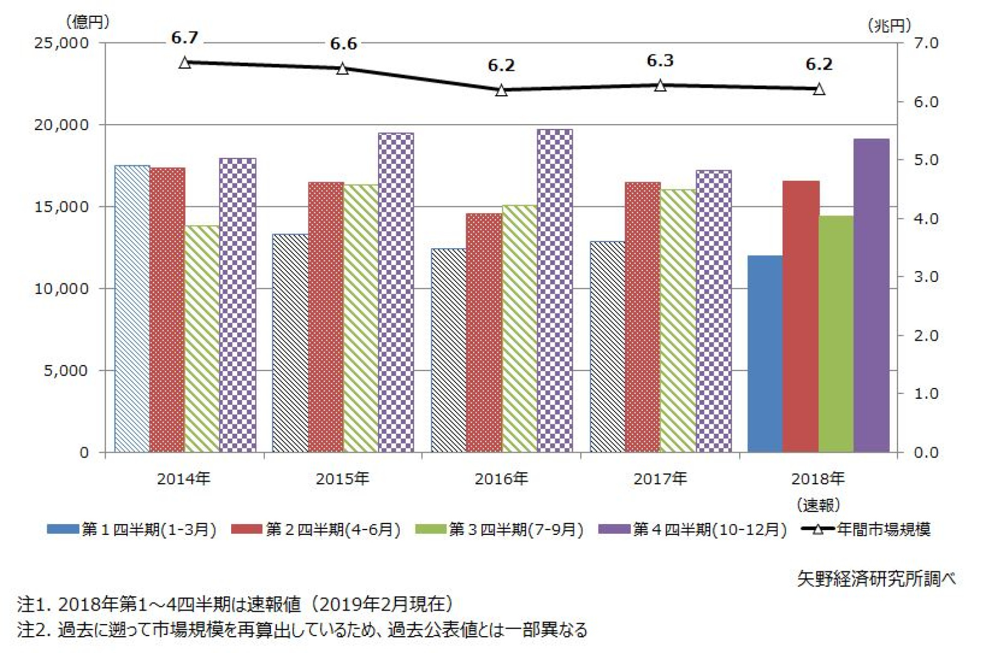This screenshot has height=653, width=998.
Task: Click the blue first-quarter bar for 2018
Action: click(765, 354)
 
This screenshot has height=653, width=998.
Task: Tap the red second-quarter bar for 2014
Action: click(167, 310)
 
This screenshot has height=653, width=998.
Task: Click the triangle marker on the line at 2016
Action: click(501, 90)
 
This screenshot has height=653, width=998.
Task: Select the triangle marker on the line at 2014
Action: click(185, 63)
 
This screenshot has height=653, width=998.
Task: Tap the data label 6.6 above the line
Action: click(343, 44)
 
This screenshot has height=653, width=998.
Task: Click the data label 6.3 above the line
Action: click(660, 60)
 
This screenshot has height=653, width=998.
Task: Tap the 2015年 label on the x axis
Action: click(342, 478)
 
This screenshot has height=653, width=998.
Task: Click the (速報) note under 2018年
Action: click(818, 505)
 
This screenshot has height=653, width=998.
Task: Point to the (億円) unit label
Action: click(88, 22)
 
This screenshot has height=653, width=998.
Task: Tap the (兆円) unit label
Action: click(889, 25)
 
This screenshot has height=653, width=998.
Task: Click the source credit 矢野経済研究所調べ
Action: click(876, 578)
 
